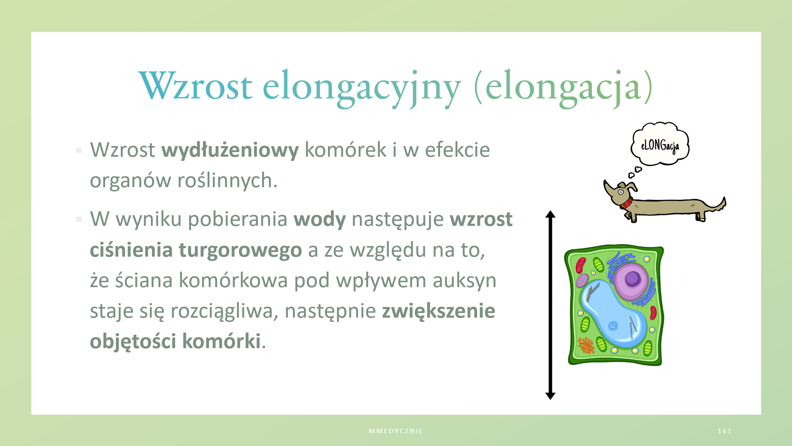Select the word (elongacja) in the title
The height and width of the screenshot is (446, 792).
point(563,88)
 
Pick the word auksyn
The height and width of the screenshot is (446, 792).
point(464,281)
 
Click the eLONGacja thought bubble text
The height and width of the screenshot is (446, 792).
point(660,146)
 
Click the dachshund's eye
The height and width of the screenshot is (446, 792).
point(621,192)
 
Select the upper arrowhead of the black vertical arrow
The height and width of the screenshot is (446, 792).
point(550,214)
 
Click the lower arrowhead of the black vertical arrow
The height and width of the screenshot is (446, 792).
point(550,396)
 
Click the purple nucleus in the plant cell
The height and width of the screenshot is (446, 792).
point(632,281)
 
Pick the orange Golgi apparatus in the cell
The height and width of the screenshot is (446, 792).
point(586,345)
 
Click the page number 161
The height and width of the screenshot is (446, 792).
point(724,431)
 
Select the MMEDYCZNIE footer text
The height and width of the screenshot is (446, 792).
point(396,431)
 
